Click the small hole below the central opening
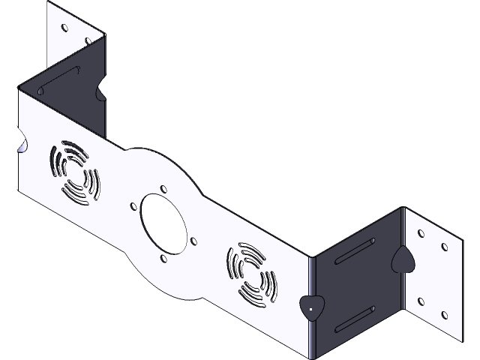click(162, 257)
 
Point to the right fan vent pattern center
click(250, 274)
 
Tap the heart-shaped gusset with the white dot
click(309, 307)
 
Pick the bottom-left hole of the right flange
click(421, 301)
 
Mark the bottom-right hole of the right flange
click(446, 316)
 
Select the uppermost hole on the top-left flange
click(64, 28)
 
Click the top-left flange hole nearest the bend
click(88, 42)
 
